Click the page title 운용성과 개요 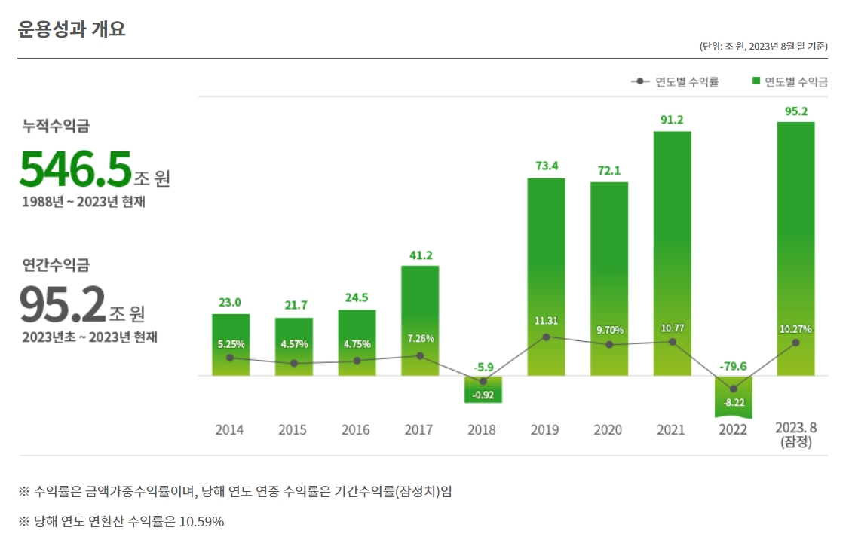coord(72,29)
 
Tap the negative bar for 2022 coord(733,395)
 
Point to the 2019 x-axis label coord(544,430)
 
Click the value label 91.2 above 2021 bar coord(672,120)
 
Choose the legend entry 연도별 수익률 coord(676,81)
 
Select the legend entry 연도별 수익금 coord(789,81)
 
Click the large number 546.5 coord(75,169)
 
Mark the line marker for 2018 coord(483,381)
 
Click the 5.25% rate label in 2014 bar coord(231,343)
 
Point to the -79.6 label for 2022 coord(733,367)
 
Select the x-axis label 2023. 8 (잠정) coord(796,435)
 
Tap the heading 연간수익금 coord(56,264)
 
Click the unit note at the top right coord(763,47)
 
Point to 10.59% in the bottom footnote coord(201,521)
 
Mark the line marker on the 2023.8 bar coord(795,343)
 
